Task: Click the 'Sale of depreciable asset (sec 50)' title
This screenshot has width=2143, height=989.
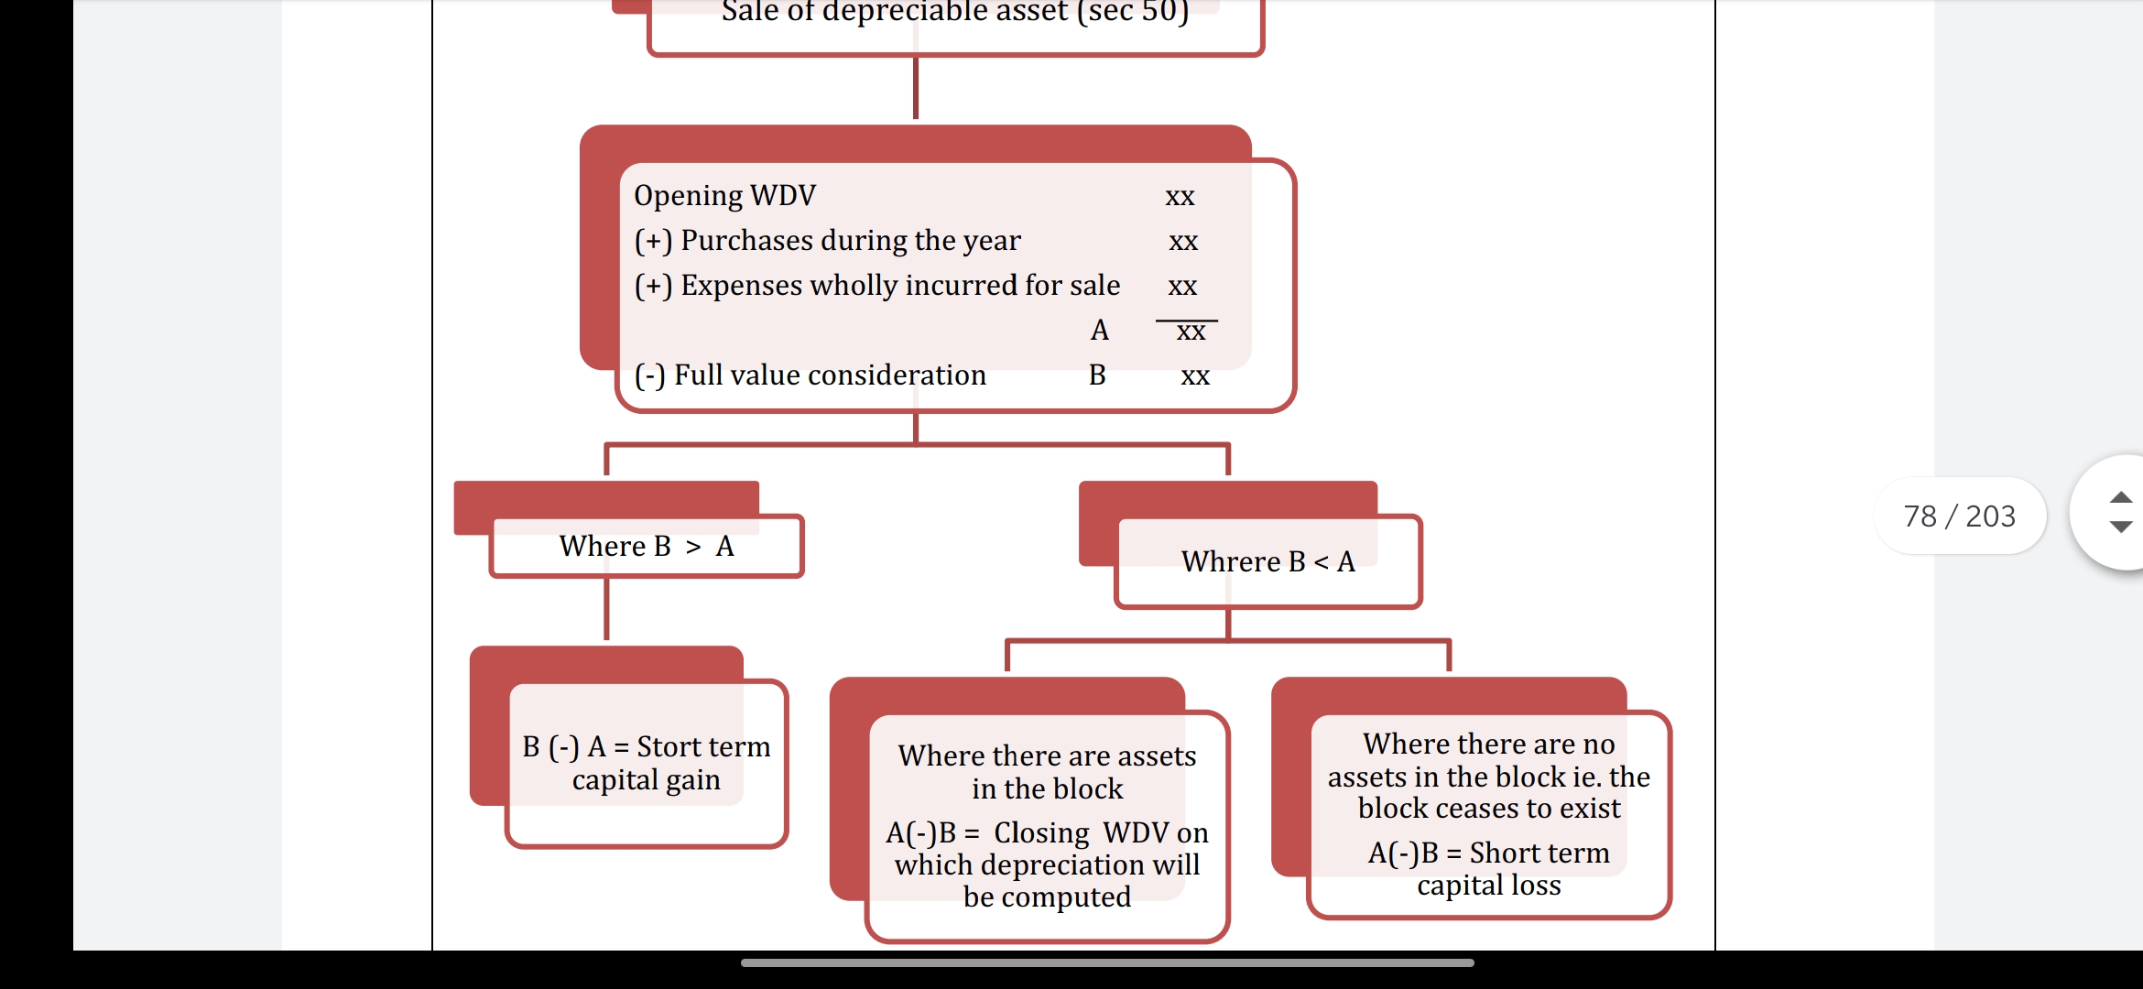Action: point(954,13)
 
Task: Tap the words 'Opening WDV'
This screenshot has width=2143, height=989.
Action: point(724,195)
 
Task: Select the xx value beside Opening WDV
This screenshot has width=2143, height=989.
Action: point(1180,197)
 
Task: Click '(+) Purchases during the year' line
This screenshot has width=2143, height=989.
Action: point(827,240)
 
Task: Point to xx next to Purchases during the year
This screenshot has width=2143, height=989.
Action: point(1183,242)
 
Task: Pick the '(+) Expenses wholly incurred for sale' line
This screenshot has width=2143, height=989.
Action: point(876,285)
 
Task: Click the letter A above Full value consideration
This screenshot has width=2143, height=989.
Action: point(1100,330)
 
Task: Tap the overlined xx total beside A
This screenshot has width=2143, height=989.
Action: point(1191,331)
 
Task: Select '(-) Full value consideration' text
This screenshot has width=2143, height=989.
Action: point(810,375)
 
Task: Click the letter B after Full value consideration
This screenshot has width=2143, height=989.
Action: point(1097,375)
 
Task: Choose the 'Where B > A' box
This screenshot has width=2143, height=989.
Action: point(647,546)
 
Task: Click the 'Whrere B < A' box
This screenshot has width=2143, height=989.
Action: point(1267,561)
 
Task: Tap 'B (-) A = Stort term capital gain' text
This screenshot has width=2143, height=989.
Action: point(647,763)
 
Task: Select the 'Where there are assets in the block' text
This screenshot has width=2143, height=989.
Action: point(1047,772)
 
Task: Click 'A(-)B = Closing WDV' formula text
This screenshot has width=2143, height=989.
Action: point(1047,832)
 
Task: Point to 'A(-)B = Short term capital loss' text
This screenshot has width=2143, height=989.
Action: point(1489,868)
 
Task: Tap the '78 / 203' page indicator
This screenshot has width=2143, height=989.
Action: point(1959,516)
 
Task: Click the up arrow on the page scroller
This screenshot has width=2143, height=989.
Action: point(2120,497)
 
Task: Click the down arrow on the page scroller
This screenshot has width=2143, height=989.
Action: point(2120,527)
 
